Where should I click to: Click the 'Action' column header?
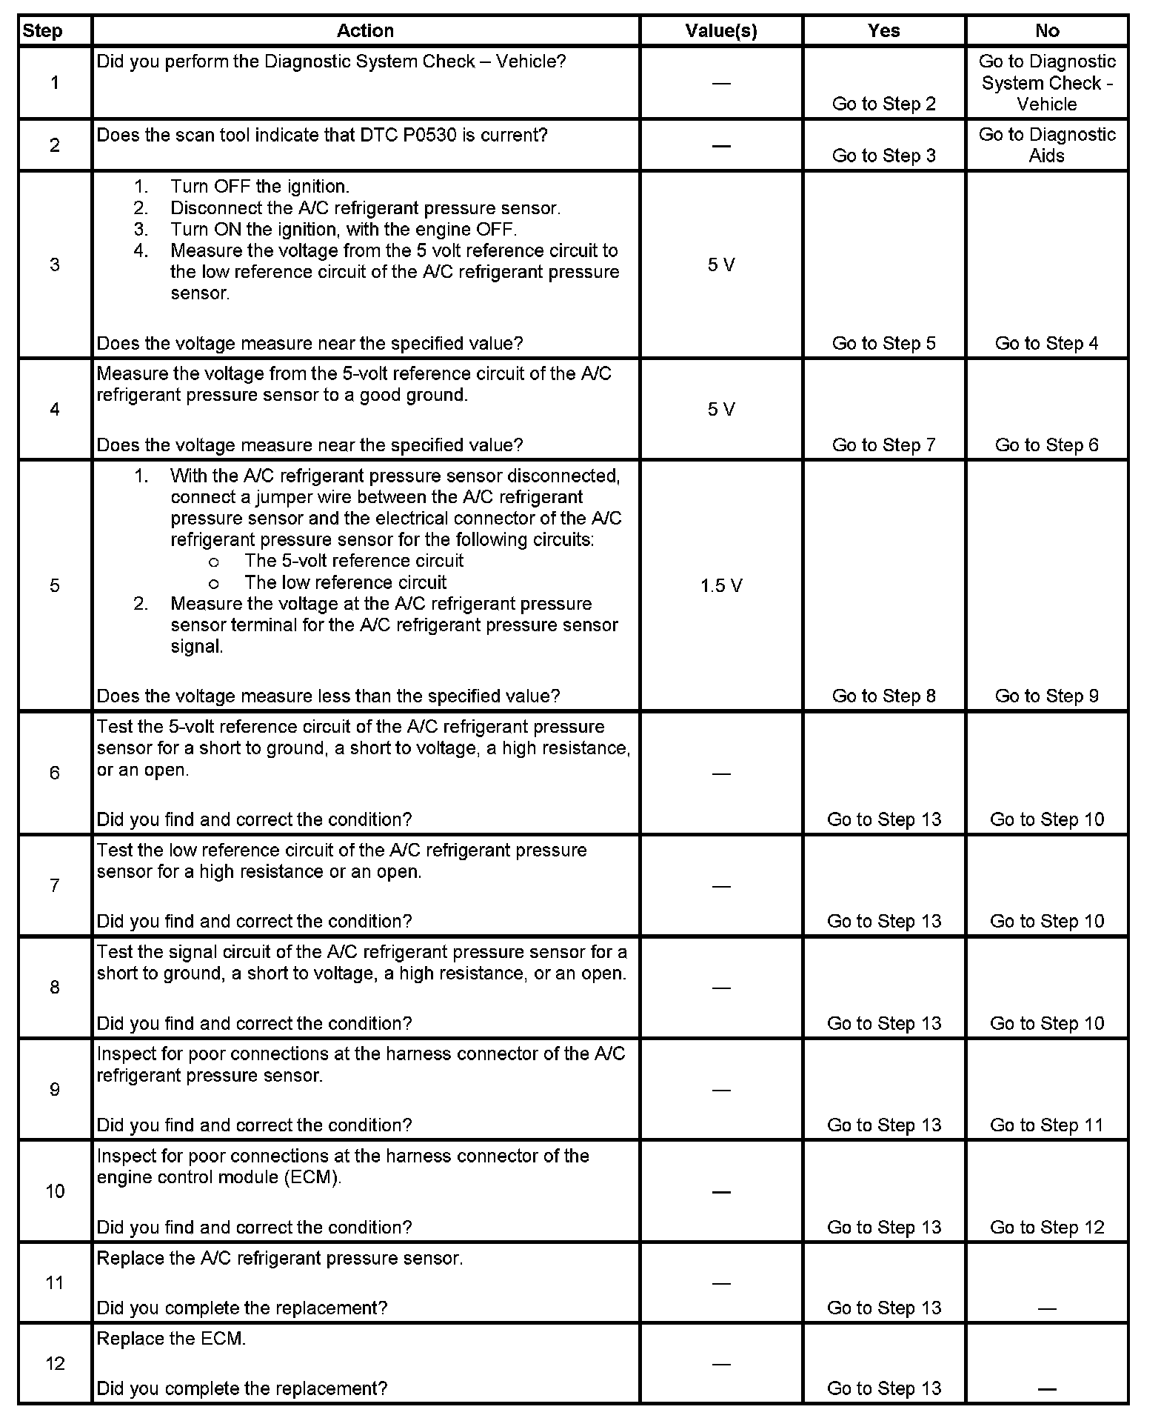pos(365,31)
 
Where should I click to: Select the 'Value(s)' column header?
pos(721,31)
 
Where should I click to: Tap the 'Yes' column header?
pos(884,31)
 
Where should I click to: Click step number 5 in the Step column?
pos(55,586)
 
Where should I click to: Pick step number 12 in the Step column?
pos(55,1364)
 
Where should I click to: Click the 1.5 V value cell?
pos(721,586)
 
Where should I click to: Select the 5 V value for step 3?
pos(721,265)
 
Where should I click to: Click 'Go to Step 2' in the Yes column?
pos(884,104)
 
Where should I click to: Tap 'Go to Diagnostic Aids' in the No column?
pos(1047,145)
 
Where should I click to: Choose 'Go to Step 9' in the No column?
pos(1047,696)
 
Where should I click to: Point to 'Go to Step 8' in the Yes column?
pos(884,696)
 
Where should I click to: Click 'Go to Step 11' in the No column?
pos(1047,1125)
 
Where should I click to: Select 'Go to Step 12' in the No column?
pos(1047,1227)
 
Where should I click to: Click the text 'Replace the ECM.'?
pos(171,1339)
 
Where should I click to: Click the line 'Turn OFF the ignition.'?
pos(259,187)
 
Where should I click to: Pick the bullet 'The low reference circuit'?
pos(346,582)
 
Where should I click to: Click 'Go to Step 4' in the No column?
pos(1047,343)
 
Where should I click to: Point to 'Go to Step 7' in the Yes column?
pos(884,445)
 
